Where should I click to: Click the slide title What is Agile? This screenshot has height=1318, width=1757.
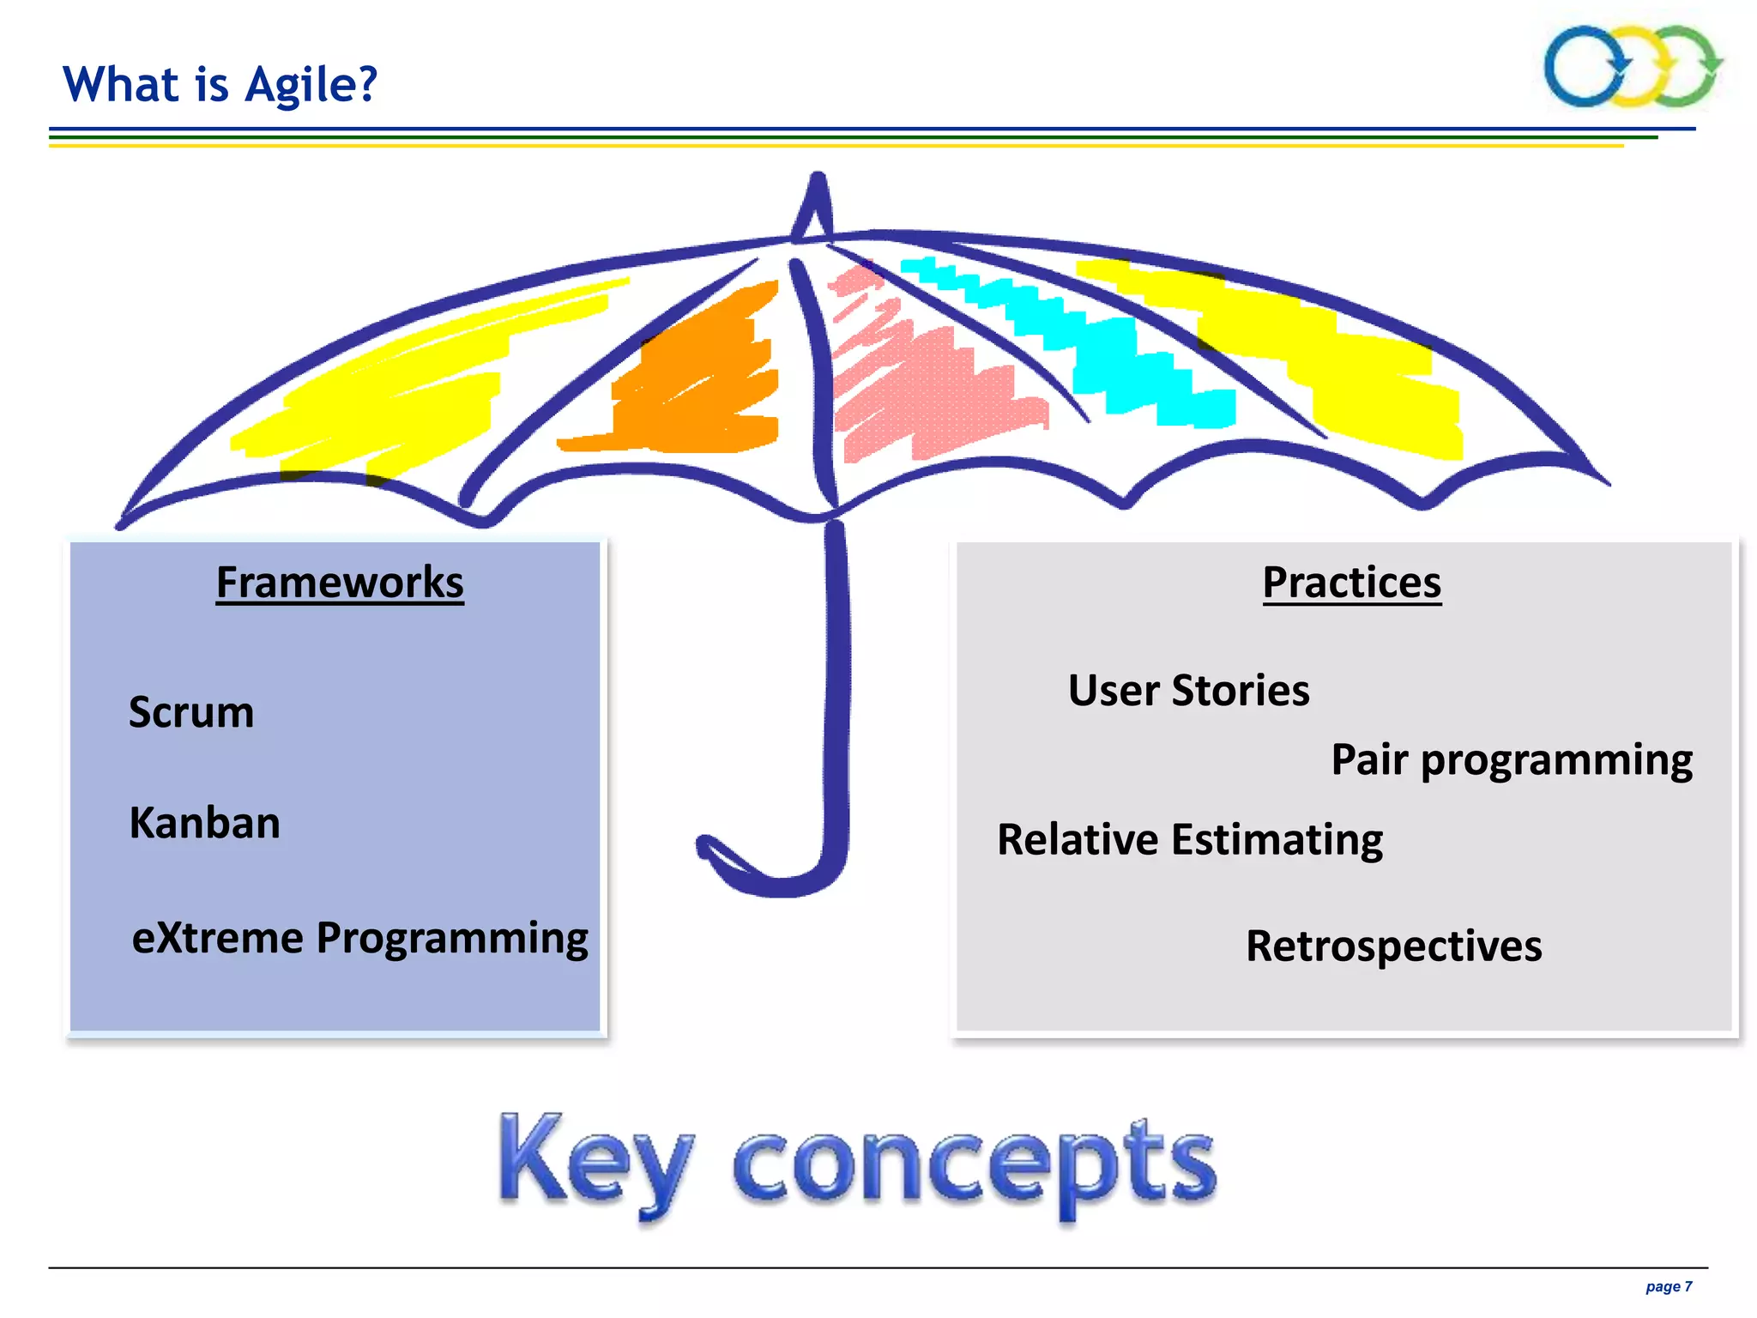(220, 85)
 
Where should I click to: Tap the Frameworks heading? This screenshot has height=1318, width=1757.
(340, 583)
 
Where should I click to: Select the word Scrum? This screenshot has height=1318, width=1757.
(191, 712)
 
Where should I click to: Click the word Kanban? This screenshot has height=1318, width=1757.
(204, 823)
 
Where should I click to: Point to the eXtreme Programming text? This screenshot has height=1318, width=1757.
(359, 938)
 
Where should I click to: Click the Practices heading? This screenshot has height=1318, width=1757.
(1351, 583)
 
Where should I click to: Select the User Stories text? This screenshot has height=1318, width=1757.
(1188, 691)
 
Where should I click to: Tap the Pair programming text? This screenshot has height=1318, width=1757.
(1511, 760)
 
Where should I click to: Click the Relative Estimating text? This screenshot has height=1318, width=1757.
(1189, 840)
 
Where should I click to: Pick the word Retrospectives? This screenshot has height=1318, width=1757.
(1393, 946)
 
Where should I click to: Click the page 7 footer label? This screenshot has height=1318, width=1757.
(1668, 1286)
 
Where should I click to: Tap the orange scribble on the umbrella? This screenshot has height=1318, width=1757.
(703, 378)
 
